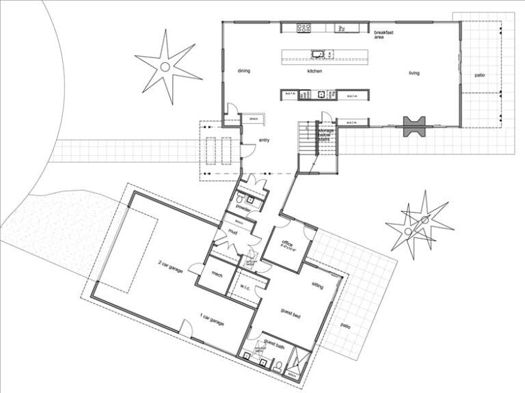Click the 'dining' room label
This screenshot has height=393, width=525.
[x=245, y=71]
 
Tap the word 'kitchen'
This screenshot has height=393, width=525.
[x=314, y=71]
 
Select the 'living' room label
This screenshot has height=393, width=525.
[x=414, y=72]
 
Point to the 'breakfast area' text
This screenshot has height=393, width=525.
[x=381, y=35]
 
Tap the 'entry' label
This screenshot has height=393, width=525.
[x=265, y=141]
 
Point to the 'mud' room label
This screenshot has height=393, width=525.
[x=233, y=232]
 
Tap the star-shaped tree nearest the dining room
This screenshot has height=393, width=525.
[x=164, y=66]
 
